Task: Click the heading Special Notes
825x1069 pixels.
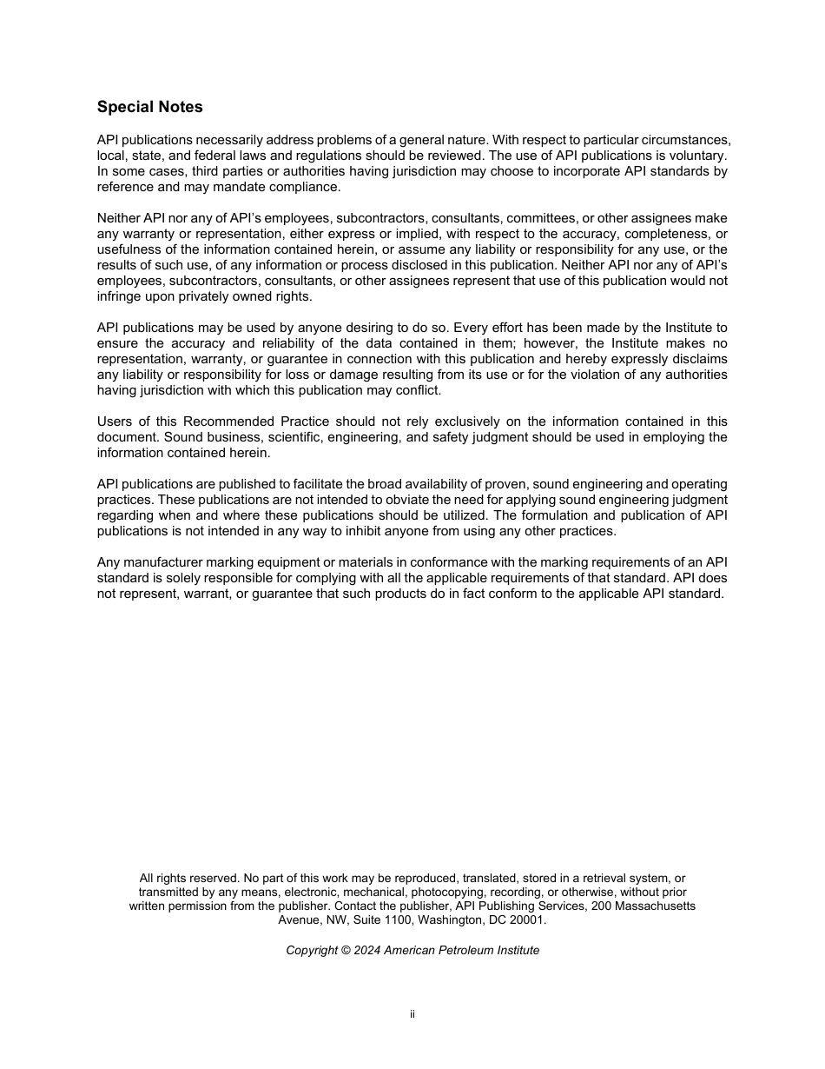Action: [149, 107]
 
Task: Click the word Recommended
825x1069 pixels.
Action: [228, 422]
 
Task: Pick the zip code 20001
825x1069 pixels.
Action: [525, 920]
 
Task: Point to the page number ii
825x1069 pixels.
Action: [412, 1014]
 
